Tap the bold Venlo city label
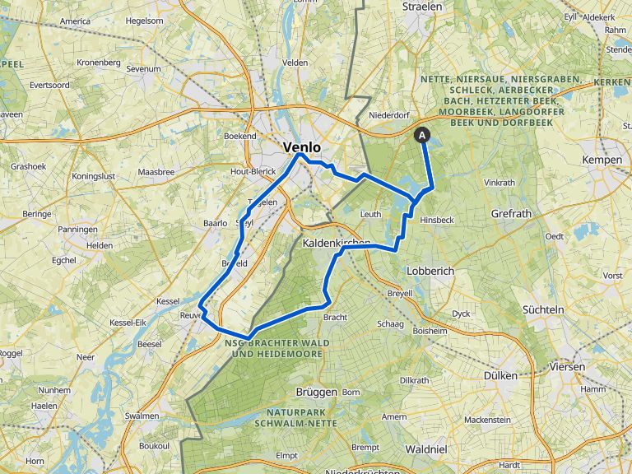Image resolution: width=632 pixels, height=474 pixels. pyautogui.click(x=301, y=147)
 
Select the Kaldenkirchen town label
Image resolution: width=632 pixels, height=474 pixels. pyautogui.click(x=337, y=244)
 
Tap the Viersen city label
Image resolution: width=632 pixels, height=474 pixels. pyautogui.click(x=568, y=366)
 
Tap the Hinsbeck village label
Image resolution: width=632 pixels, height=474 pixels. pyautogui.click(x=436, y=221)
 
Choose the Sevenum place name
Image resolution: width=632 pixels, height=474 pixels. pyautogui.click(x=144, y=69)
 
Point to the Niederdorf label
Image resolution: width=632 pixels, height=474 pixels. pyautogui.click(x=390, y=115)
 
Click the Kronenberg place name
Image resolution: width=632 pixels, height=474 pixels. pyautogui.click(x=99, y=63)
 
